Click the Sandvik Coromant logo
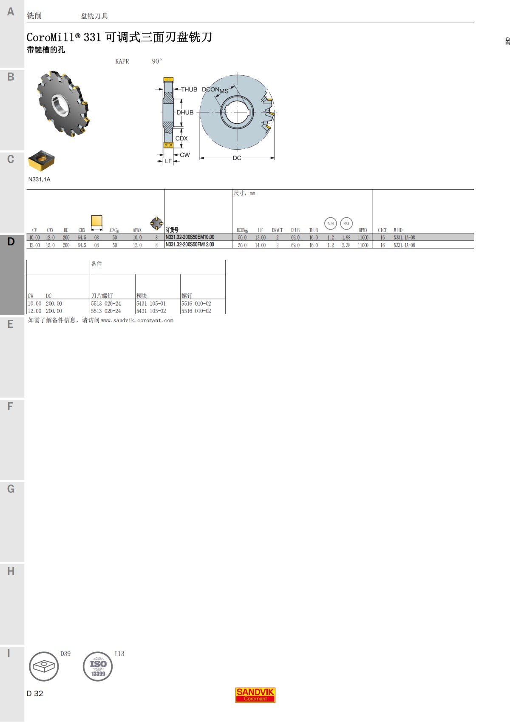(255, 695)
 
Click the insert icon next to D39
(44, 666)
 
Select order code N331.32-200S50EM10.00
(190, 237)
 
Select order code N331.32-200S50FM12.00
(190, 244)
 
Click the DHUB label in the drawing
(185, 113)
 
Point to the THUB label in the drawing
(189, 90)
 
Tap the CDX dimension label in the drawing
(181, 139)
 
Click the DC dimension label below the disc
(237, 158)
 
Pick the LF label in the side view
(168, 162)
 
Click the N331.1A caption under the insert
(39, 179)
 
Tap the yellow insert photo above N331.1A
(41, 160)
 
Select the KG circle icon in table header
(346, 223)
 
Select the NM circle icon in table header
(331, 223)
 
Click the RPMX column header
(363, 230)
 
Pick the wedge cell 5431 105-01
(151, 304)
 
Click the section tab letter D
(11, 242)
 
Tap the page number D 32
(35, 694)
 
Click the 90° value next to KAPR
(157, 61)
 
